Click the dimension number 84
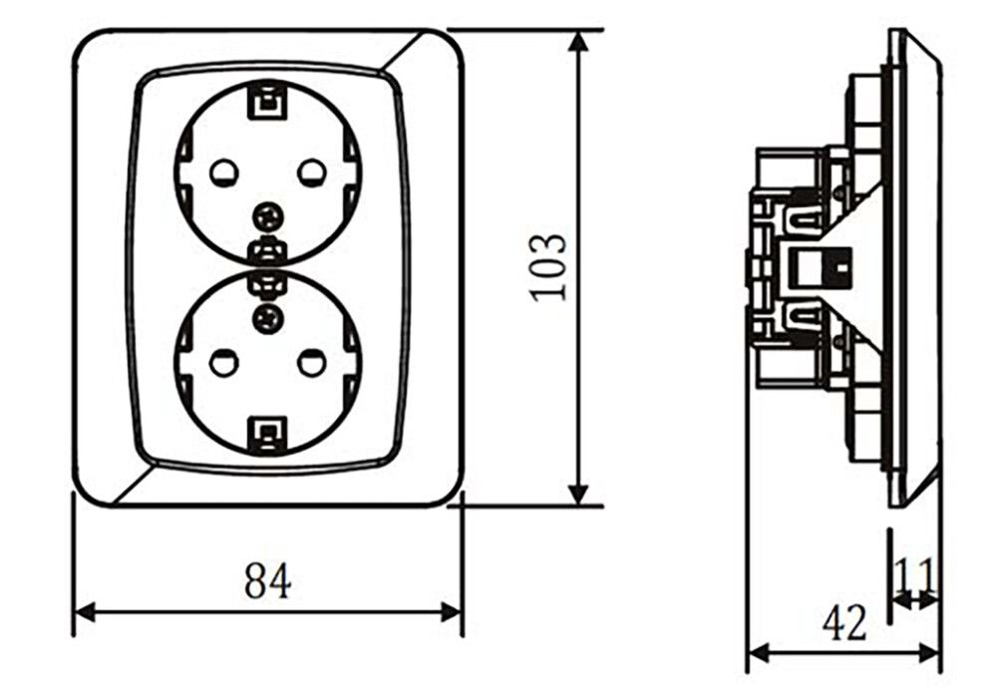pyautogui.click(x=267, y=579)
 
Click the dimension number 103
pyautogui.click(x=547, y=267)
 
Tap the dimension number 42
pyautogui.click(x=843, y=623)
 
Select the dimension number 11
pyautogui.click(x=915, y=575)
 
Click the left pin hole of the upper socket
pyautogui.click(x=223, y=173)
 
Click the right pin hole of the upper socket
pyautogui.click(x=312, y=173)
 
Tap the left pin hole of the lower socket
pyautogui.click(x=223, y=363)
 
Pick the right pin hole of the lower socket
pyautogui.click(x=312, y=363)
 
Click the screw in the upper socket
pyautogui.click(x=267, y=218)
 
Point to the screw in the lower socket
pyautogui.click(x=267, y=317)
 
